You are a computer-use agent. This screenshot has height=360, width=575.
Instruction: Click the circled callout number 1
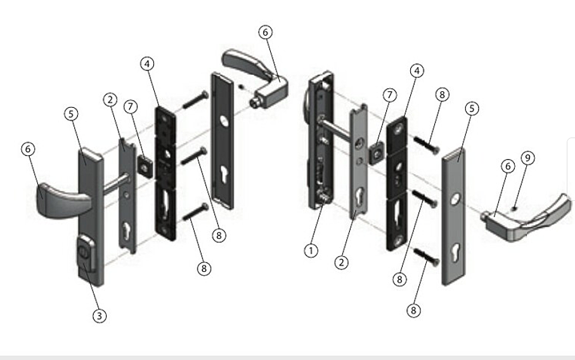(311, 251)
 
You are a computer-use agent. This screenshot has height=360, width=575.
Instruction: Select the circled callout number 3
(100, 316)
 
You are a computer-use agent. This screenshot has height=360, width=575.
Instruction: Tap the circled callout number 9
(527, 158)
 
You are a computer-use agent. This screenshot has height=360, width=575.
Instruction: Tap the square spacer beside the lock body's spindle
(375, 153)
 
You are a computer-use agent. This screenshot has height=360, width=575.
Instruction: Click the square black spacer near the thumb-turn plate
(146, 167)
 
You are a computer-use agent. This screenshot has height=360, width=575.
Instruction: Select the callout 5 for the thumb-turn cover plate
(71, 113)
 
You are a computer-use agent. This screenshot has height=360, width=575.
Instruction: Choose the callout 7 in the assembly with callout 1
(389, 95)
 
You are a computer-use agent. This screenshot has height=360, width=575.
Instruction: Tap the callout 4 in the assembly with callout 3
(147, 64)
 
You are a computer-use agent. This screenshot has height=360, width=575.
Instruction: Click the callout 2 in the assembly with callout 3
(110, 100)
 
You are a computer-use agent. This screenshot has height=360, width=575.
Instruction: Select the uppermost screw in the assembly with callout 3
(195, 100)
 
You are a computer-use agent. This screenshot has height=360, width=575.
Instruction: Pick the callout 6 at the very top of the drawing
(265, 32)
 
